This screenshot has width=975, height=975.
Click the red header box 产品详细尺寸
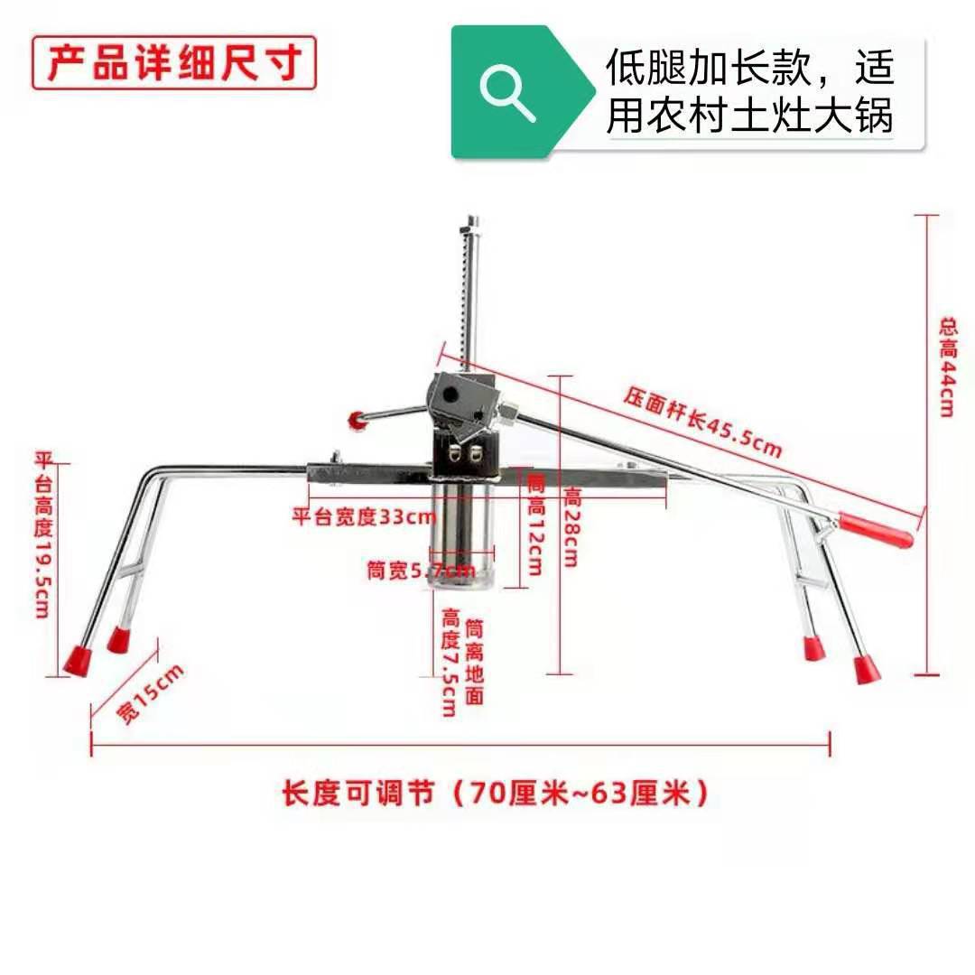pyautogui.click(x=173, y=62)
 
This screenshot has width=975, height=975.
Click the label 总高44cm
pyautogui.click(x=947, y=366)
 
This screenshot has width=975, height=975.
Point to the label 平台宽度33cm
pyautogui.click(x=364, y=517)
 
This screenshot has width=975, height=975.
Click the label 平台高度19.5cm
pyautogui.click(x=42, y=534)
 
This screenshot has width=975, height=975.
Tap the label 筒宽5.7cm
pyautogui.click(x=420, y=571)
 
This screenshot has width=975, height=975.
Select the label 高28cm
pyautogui.click(x=572, y=526)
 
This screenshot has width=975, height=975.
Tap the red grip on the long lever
pyautogui.click(x=876, y=531)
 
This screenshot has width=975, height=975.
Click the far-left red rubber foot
pyautogui.click(x=78, y=659)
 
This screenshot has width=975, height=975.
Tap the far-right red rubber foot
pyautogui.click(x=866, y=670)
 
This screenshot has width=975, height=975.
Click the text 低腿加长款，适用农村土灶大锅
pyautogui.click(x=750, y=92)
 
